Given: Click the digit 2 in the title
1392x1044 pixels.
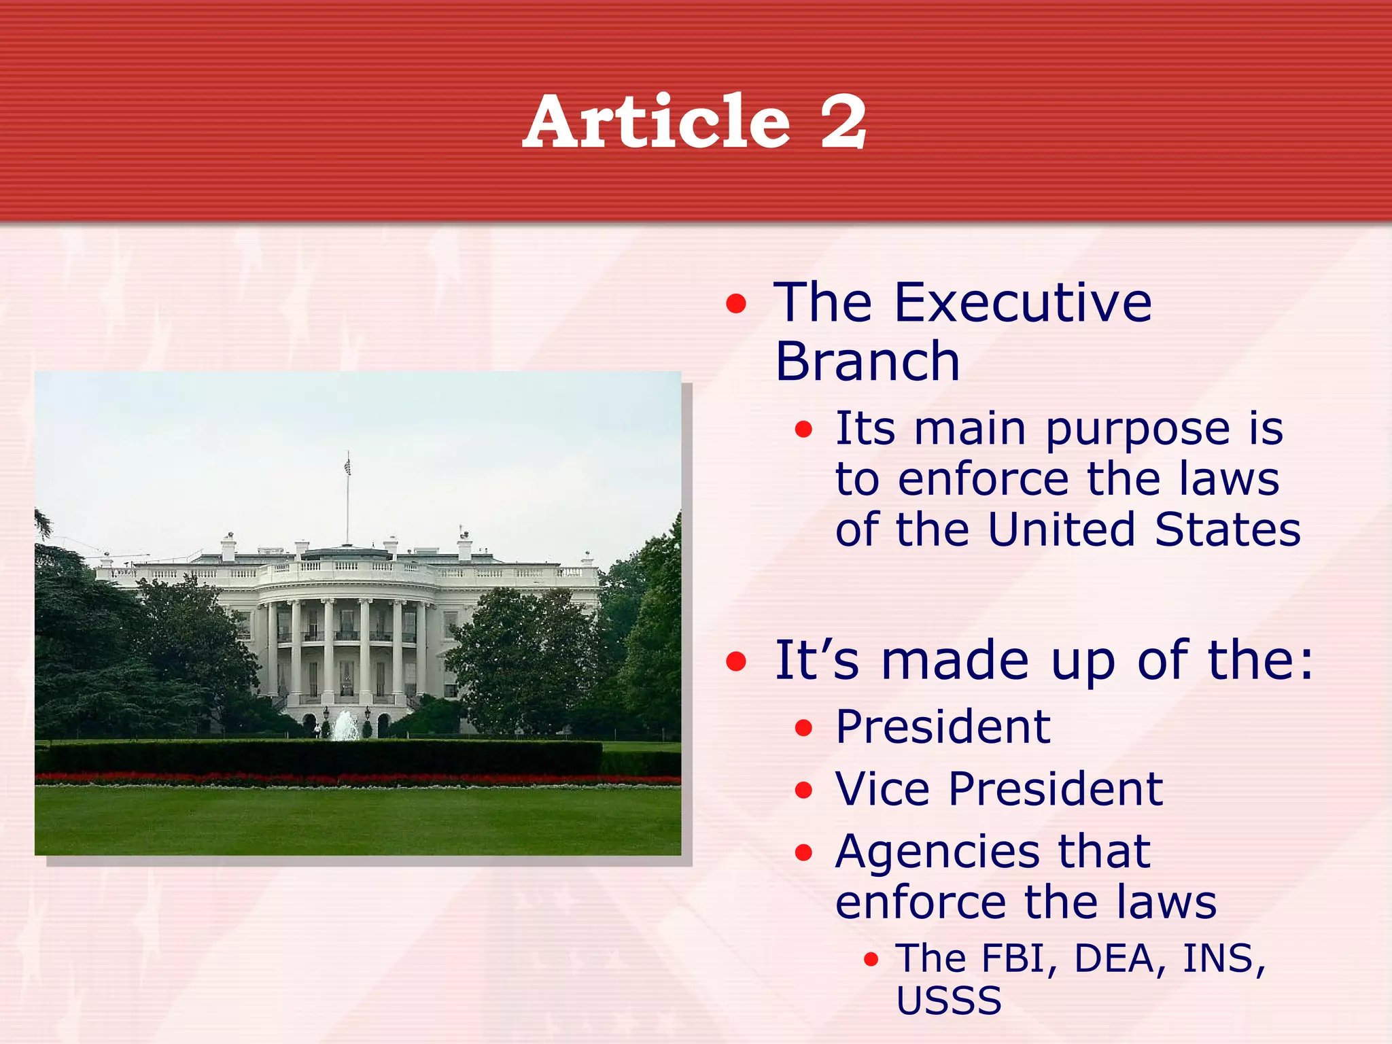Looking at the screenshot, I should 843,122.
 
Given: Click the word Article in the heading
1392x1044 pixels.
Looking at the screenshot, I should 657,122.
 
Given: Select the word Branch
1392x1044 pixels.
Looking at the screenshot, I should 867,362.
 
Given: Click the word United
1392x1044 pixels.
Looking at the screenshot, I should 1061,530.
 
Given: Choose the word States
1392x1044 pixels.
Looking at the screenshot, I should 1228,530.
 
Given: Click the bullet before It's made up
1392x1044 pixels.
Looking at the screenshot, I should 735,661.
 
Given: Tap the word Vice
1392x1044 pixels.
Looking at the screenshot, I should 882,790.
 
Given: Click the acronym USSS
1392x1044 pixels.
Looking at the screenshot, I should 949,1000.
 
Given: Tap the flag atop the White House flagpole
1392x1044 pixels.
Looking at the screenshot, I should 347,466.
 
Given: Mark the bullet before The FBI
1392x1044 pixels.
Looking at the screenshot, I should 871,960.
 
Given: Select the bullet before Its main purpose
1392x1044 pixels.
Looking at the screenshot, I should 803,430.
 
